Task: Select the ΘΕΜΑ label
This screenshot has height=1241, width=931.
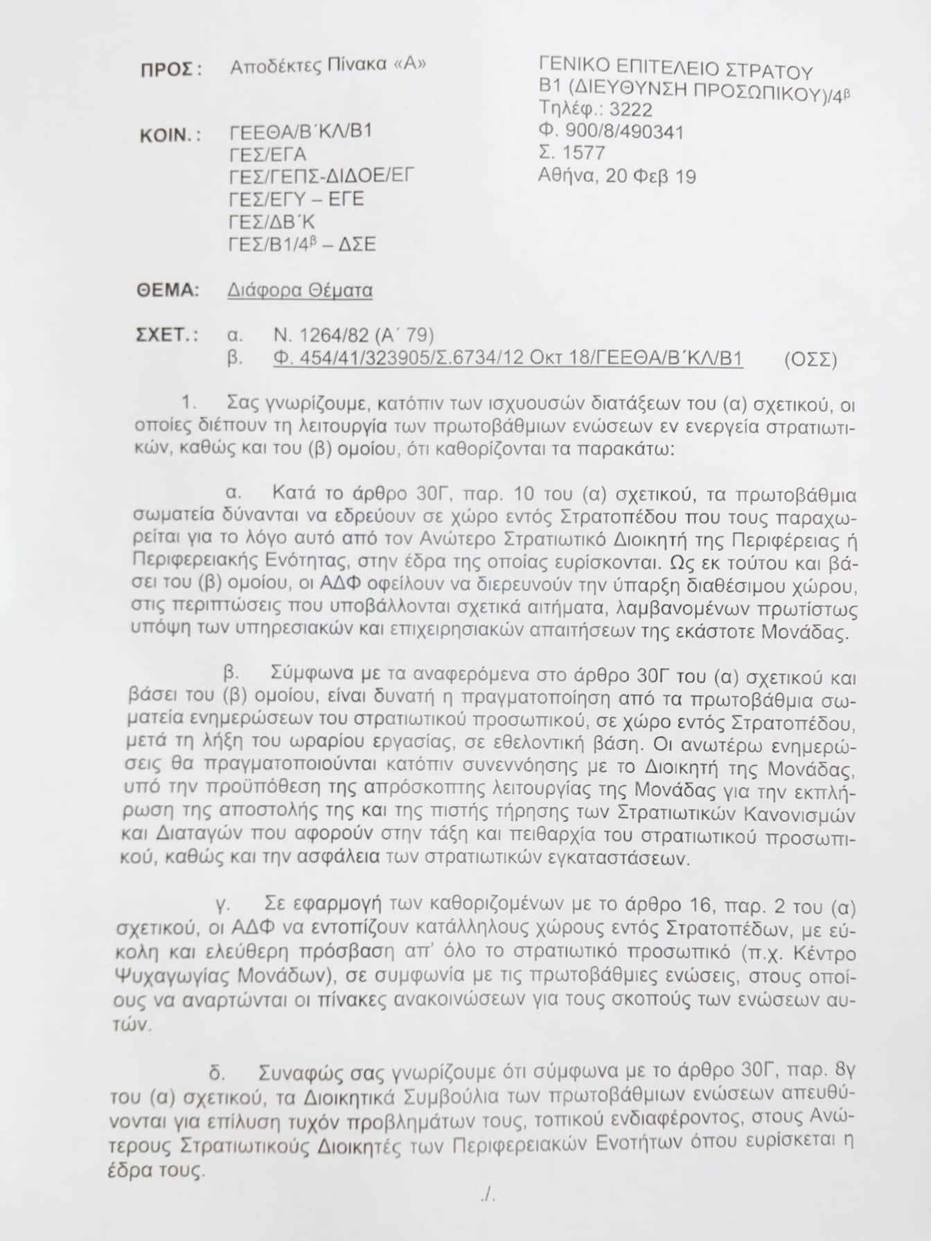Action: [168, 290]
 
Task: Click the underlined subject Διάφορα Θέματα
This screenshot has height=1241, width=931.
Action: [300, 290]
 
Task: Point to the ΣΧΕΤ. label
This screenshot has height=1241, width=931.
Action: [166, 336]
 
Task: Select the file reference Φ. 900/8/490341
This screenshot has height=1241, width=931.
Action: [610, 132]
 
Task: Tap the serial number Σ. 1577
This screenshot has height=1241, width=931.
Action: [571, 153]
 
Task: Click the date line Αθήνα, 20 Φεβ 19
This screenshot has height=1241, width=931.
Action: [617, 176]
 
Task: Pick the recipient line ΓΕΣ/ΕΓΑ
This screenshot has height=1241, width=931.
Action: [267, 154]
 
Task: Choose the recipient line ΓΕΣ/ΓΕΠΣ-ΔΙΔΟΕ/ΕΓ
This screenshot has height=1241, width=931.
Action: [321, 177]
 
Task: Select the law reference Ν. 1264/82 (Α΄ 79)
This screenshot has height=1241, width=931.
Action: [354, 336]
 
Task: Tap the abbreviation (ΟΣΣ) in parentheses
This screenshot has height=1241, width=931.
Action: [810, 360]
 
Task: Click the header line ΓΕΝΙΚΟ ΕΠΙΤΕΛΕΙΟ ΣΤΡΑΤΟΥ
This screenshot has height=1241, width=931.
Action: [675, 68]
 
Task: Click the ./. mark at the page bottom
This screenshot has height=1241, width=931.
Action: [488, 1196]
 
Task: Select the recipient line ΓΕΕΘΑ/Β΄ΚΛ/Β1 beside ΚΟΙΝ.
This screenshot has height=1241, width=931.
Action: [301, 132]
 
